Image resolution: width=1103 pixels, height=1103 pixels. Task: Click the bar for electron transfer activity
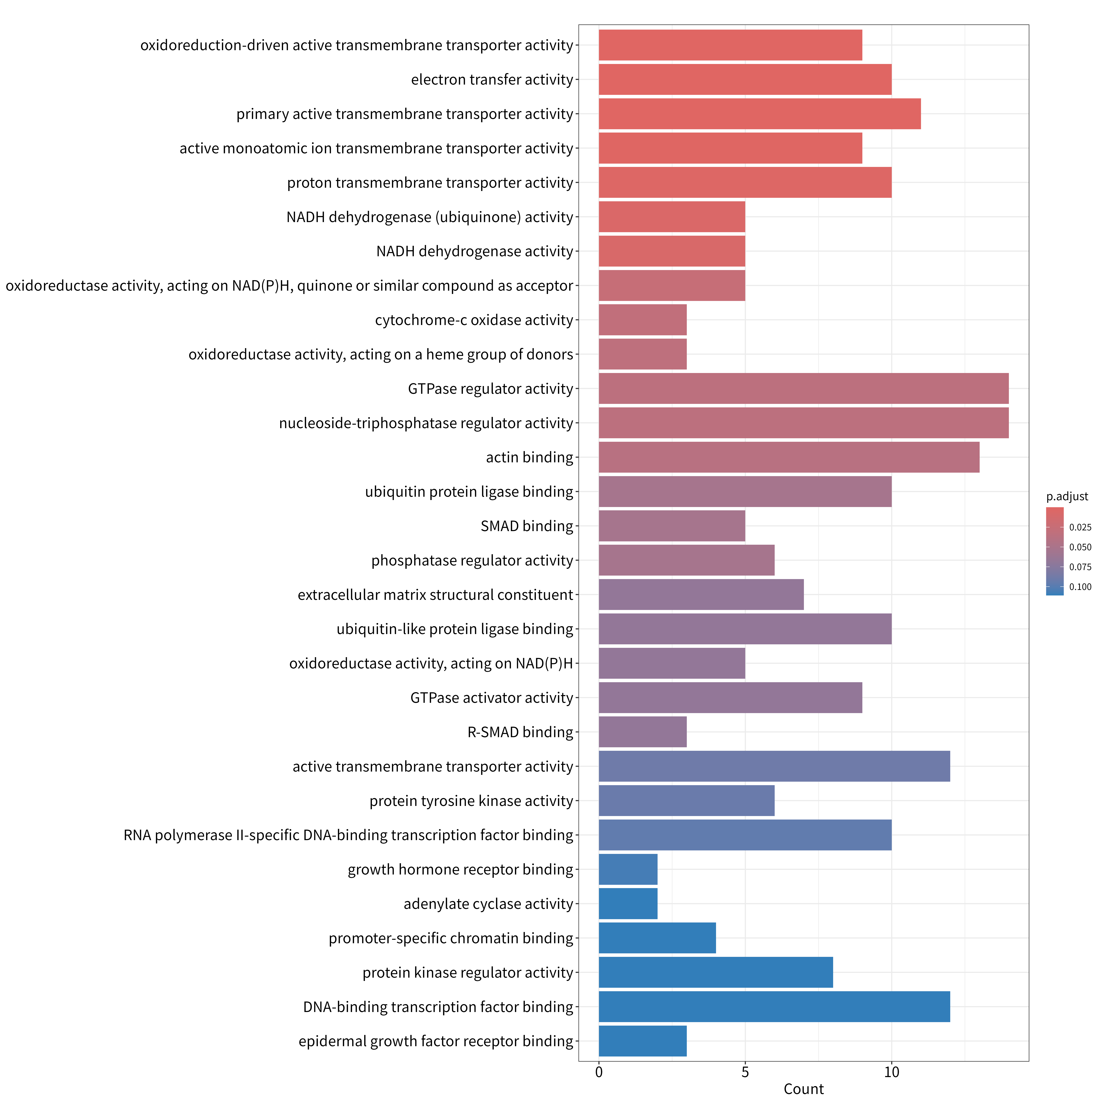point(745,79)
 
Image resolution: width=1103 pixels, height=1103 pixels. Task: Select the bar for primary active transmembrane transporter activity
point(760,114)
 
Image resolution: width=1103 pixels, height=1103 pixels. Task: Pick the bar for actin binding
point(789,457)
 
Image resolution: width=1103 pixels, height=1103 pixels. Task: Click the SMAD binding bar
point(672,526)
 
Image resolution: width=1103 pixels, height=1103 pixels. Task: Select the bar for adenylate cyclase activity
point(628,904)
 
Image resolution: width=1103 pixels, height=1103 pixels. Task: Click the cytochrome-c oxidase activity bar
point(643,320)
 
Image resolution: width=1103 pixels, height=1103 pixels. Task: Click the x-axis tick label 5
point(745,1072)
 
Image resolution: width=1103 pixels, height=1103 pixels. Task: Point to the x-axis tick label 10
point(892,1072)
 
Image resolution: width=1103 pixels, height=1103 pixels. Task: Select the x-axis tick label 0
point(599,1072)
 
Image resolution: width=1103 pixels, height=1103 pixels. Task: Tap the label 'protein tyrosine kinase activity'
point(471,801)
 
